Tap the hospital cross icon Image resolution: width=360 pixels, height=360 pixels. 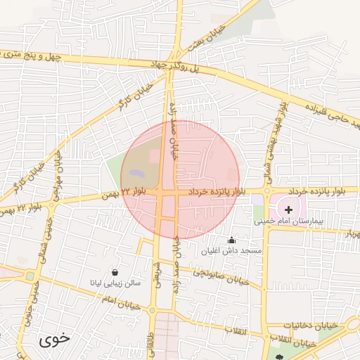(x=288, y=209)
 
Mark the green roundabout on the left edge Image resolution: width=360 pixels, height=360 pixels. (x=30, y=276)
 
